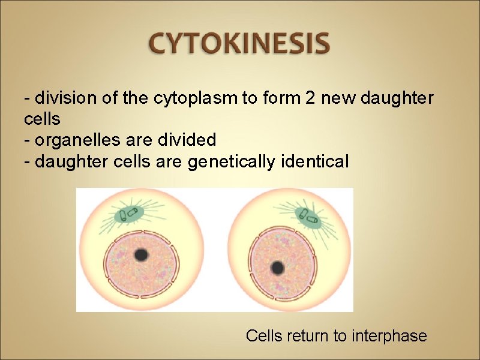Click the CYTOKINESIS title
click(x=239, y=44)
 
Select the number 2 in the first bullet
click(x=310, y=97)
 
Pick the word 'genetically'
click(x=229, y=161)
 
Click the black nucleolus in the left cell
click(x=142, y=255)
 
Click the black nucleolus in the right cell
click(x=277, y=267)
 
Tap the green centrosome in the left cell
click(x=129, y=214)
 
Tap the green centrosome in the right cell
click(x=307, y=215)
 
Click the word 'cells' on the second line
click(x=42, y=118)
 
